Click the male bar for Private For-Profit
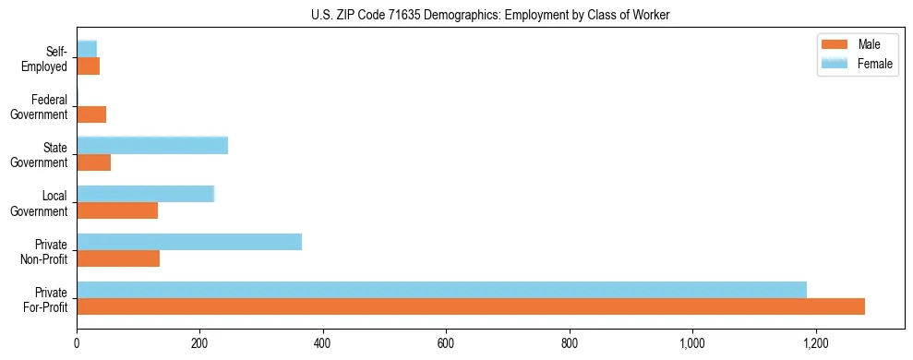pos(471,306)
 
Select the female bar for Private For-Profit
pos(441,290)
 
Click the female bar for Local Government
pos(145,194)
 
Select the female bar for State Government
pos(152,145)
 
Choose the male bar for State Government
pos(93,162)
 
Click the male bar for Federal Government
pos(91,114)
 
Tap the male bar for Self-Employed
pos(88,66)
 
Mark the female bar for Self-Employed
pos(87,49)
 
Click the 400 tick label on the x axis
pos(322,343)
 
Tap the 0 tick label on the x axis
pos(77,343)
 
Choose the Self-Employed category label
pos(48,58)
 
